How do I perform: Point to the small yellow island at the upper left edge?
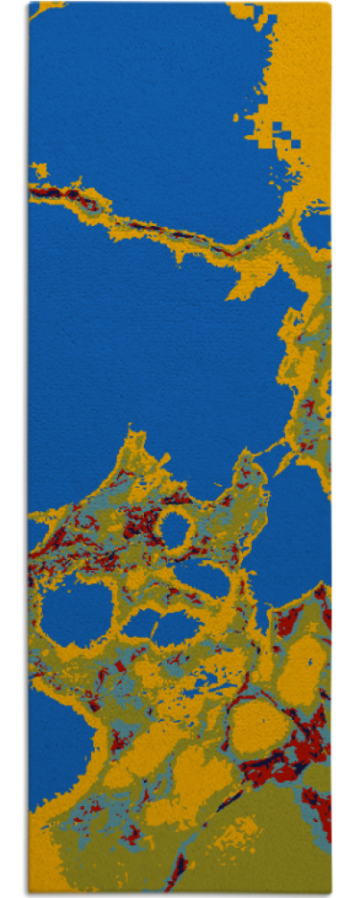38,169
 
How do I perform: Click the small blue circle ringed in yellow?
174,529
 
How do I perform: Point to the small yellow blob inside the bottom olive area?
232,835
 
